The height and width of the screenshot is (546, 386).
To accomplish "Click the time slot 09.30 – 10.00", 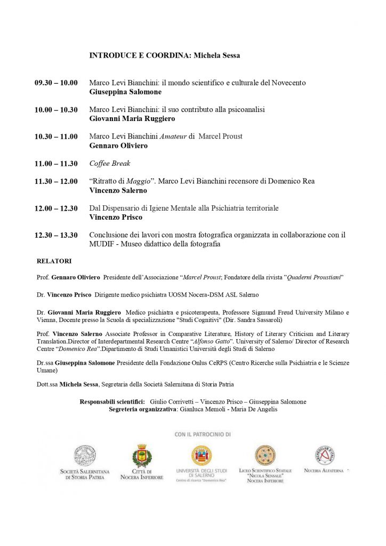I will [56, 83].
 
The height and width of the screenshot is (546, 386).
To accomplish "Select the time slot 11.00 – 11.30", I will [56, 164].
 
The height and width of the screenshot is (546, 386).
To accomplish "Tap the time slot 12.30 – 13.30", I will [56, 235].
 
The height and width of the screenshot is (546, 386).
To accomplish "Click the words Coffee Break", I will [110, 164].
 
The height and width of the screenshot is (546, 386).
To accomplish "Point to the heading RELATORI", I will [54, 261].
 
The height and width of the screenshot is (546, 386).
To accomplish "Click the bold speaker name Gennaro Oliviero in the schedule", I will [118, 146].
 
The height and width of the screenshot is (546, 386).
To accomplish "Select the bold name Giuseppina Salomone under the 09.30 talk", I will [125, 92].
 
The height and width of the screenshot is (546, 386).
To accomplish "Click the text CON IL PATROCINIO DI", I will [203, 435].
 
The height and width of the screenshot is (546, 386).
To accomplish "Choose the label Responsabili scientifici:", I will [112, 402].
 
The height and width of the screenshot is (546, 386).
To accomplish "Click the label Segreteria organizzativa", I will [142, 409].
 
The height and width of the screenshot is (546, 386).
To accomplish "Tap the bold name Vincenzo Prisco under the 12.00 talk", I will [116, 217].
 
